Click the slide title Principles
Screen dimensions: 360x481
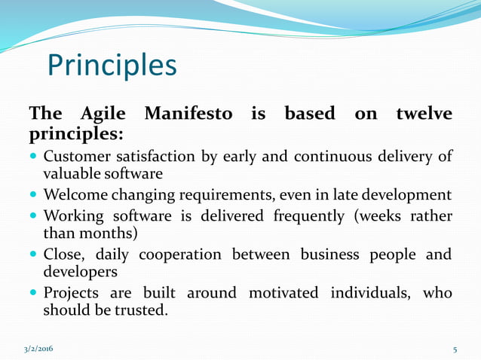pyautogui.click(x=112, y=66)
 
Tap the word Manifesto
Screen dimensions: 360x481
pyautogui.click(x=188, y=114)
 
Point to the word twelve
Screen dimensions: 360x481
pyautogui.click(x=424, y=114)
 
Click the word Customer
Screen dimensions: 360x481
pyautogui.click(x=76, y=157)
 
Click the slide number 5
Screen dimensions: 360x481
pyautogui.click(x=455, y=349)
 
